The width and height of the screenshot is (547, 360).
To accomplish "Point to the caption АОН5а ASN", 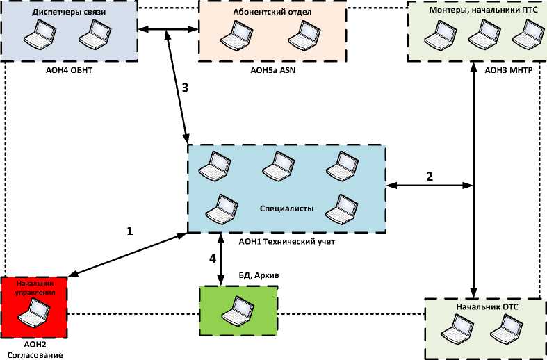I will (x=272, y=69).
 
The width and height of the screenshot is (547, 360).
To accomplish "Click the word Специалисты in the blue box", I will (x=286, y=208).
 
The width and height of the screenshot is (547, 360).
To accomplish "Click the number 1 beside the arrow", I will (x=129, y=231).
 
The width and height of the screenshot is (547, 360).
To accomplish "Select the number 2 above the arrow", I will (x=430, y=176).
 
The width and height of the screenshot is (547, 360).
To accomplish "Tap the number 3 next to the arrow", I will (x=184, y=88).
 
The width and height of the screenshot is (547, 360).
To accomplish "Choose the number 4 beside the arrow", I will (x=213, y=260).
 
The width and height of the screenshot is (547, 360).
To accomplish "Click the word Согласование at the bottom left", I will (x=34, y=355).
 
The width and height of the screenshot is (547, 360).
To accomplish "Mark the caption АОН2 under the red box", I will (x=34, y=345).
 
